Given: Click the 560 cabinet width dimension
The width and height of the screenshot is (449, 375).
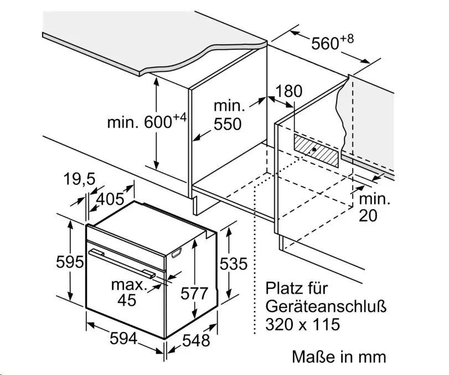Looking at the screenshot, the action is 332,43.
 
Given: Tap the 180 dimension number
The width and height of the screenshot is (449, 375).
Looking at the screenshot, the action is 288,91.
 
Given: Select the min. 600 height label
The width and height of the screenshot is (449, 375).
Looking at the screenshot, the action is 147,121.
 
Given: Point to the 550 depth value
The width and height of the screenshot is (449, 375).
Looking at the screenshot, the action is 228,124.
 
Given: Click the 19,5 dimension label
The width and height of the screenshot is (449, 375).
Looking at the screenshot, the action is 79,179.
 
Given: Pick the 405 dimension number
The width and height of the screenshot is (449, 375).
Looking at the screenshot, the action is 110,199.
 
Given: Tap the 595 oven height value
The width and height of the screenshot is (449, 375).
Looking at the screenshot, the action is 70,262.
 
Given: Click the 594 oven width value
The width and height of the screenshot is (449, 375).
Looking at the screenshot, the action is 123,339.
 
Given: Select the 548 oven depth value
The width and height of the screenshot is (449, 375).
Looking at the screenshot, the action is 196,340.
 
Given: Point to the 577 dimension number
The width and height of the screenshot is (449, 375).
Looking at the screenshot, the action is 194,294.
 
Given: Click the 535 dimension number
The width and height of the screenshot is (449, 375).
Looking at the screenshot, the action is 234,264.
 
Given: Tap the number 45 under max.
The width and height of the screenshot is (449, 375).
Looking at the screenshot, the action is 127,300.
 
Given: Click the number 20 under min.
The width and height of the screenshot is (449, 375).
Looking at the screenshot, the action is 368,216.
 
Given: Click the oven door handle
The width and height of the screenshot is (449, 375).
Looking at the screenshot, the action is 122,263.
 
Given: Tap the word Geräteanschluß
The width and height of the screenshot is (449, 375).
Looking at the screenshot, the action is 326,306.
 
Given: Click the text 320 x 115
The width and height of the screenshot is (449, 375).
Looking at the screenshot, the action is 303,324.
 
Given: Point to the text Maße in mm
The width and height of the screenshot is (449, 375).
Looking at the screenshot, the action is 339,357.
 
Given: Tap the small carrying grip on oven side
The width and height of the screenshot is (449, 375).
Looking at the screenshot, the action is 177,253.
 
